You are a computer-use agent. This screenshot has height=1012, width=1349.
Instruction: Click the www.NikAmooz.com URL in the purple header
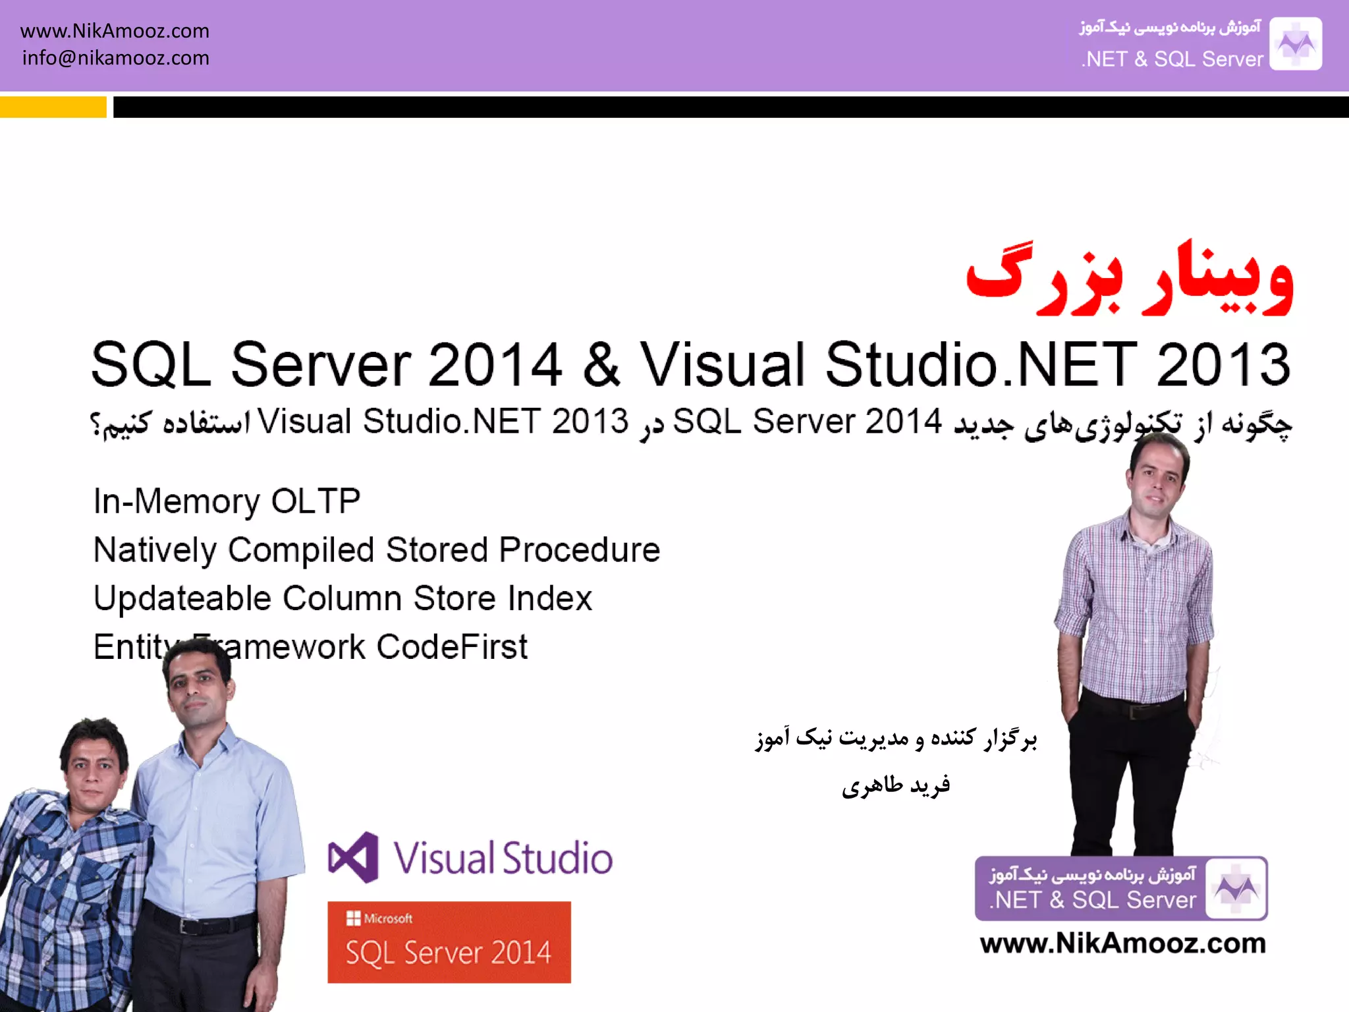pos(115,31)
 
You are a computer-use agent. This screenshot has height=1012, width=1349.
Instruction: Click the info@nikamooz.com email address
pos(115,58)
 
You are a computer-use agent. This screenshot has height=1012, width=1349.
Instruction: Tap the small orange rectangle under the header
pos(53,107)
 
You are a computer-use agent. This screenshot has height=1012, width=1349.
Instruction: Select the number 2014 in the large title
pos(495,364)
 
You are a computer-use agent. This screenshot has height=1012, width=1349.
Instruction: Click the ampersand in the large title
pos(601,364)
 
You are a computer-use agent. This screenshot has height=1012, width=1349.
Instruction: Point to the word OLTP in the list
pos(316,501)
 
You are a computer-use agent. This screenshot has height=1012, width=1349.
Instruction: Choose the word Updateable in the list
pos(182,598)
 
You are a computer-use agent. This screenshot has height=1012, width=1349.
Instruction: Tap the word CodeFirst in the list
pos(452,647)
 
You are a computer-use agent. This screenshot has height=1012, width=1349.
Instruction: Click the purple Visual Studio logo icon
pos(354,857)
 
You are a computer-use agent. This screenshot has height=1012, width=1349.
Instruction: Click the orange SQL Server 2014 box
pos(449,942)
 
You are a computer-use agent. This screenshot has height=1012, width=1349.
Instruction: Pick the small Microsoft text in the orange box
pos(388,918)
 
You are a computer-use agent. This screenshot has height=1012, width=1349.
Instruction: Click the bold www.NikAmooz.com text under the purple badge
pos(1122,943)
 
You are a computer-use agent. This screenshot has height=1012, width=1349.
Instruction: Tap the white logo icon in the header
pos(1295,44)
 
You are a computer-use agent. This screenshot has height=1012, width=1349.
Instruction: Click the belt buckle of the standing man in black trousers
pos(1135,712)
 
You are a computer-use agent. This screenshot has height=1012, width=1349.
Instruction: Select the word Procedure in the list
pos(579,550)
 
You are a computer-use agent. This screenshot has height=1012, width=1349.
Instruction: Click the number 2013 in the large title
pos(1223,364)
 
